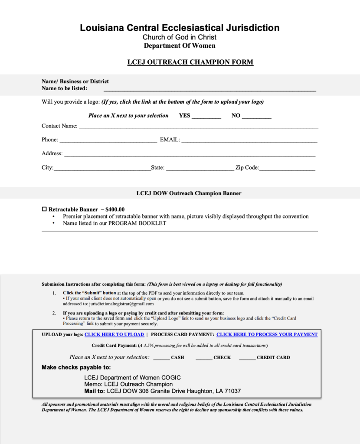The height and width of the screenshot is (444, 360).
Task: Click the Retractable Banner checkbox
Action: coord(44,209)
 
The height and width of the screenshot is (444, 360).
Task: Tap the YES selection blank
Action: coord(206,117)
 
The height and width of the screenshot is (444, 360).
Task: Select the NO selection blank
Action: coord(256,117)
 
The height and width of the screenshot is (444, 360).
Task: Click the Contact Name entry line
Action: coord(198,127)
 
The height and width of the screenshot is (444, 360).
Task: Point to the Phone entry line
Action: coord(108,141)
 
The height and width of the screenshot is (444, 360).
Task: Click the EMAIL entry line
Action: coord(249,141)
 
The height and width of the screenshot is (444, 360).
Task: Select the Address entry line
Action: coord(190,155)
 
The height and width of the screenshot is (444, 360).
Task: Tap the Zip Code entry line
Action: coord(287,169)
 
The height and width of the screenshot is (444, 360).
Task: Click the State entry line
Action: coord(200,169)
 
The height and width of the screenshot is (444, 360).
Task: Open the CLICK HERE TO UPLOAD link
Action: coord(114,335)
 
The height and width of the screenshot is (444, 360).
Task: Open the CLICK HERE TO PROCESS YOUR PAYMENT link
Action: coord(267,335)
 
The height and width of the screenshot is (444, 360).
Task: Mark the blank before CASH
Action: coord(161,359)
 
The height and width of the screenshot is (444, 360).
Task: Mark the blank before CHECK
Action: coord(204,359)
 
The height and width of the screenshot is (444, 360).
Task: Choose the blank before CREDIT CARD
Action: coord(247,359)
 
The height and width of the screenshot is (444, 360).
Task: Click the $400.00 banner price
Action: coord(115,209)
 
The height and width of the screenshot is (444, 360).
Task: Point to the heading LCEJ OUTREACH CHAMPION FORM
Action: coord(190,62)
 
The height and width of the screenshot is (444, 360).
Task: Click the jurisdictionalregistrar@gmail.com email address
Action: coord(121,304)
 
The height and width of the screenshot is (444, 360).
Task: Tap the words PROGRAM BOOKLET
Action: coord(137,223)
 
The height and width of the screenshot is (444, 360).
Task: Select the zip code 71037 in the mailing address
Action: coord(232,391)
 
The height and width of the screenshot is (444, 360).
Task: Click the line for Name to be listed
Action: coord(209,90)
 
